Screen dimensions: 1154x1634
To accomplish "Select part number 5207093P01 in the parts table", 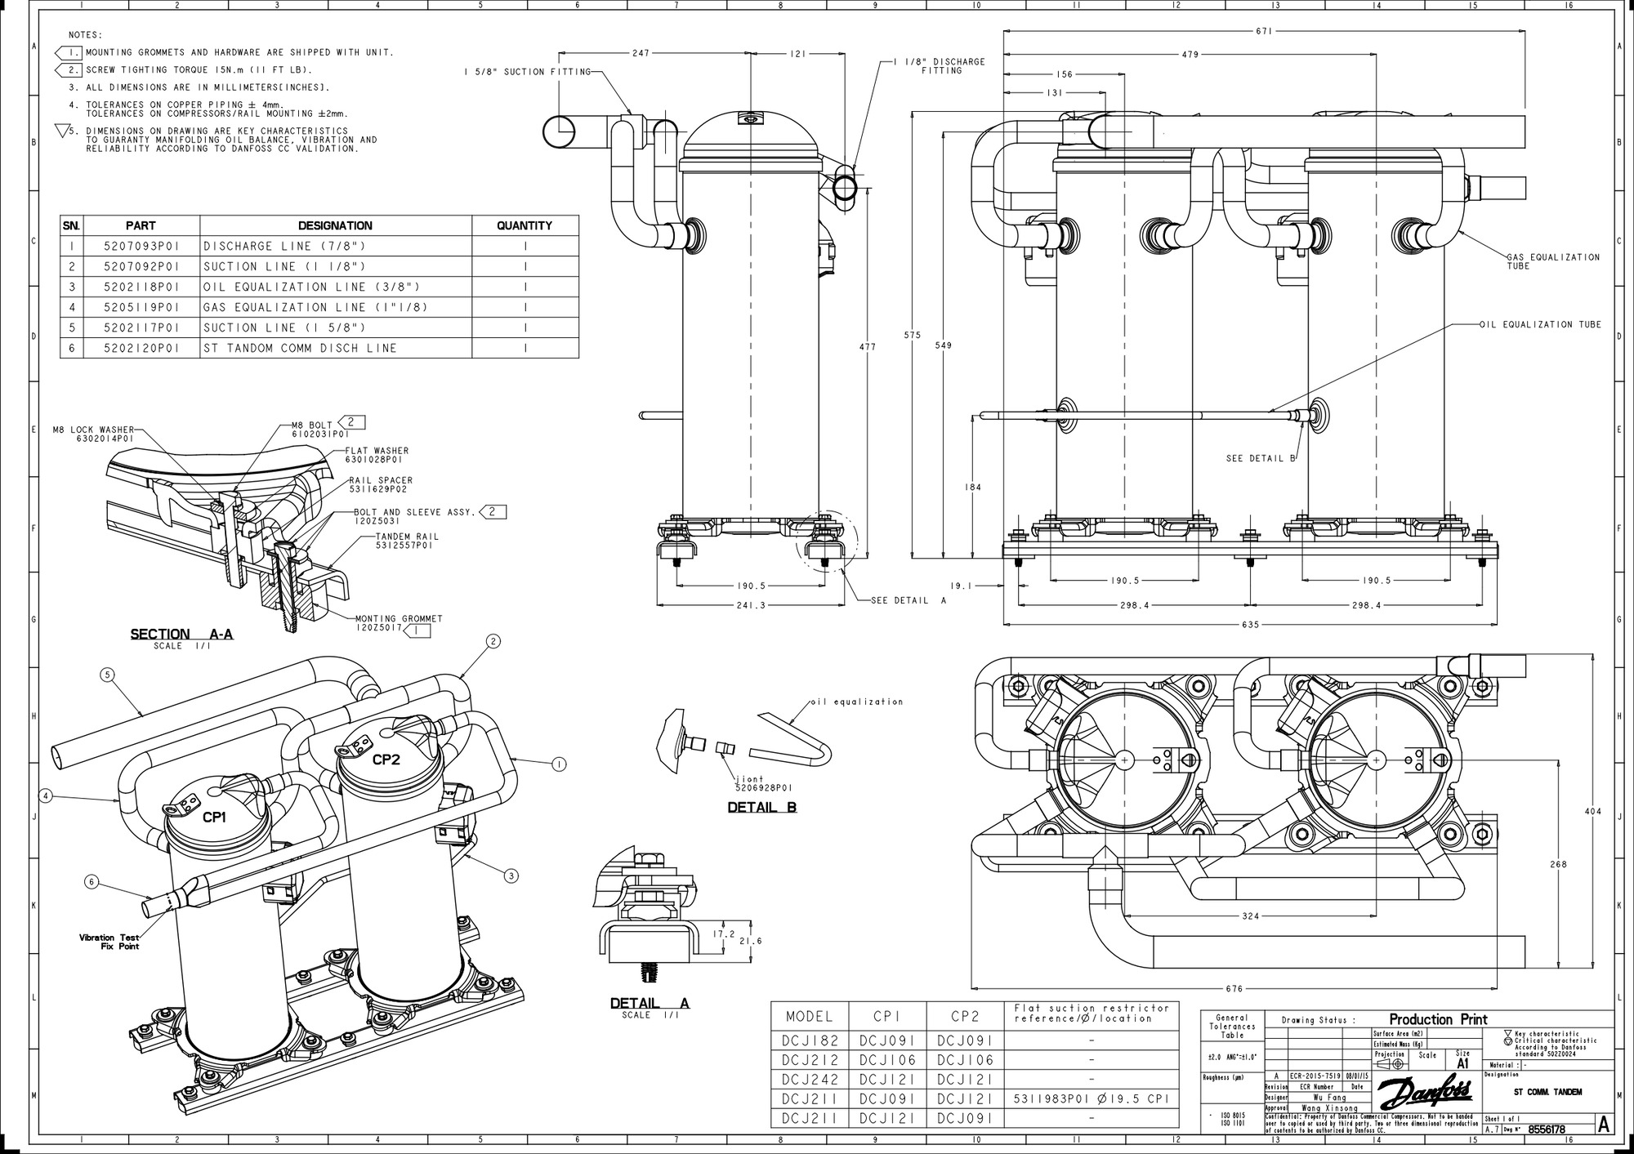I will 141,246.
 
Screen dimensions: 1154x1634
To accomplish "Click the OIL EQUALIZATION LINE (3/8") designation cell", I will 311,287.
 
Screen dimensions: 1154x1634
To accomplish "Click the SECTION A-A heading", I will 181,634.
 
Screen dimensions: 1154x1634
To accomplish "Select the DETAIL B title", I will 761,807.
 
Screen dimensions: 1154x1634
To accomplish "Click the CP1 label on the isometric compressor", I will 214,817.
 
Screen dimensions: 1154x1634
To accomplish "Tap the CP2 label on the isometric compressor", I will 386,759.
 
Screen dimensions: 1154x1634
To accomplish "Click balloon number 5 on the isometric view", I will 107,675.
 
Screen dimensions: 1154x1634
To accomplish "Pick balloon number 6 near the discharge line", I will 92,881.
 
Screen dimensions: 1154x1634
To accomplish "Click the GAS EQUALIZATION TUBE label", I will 1552,261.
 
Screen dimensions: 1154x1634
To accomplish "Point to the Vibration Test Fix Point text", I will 109,942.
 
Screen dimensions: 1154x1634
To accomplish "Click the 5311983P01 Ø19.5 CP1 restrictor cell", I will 1092,1098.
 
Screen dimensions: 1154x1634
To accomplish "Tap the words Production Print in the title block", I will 1438,1019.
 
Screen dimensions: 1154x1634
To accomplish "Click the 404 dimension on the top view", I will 1592,812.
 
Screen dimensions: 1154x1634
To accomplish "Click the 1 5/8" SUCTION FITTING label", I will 527,72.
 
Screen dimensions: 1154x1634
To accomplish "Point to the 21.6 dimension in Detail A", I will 750,941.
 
